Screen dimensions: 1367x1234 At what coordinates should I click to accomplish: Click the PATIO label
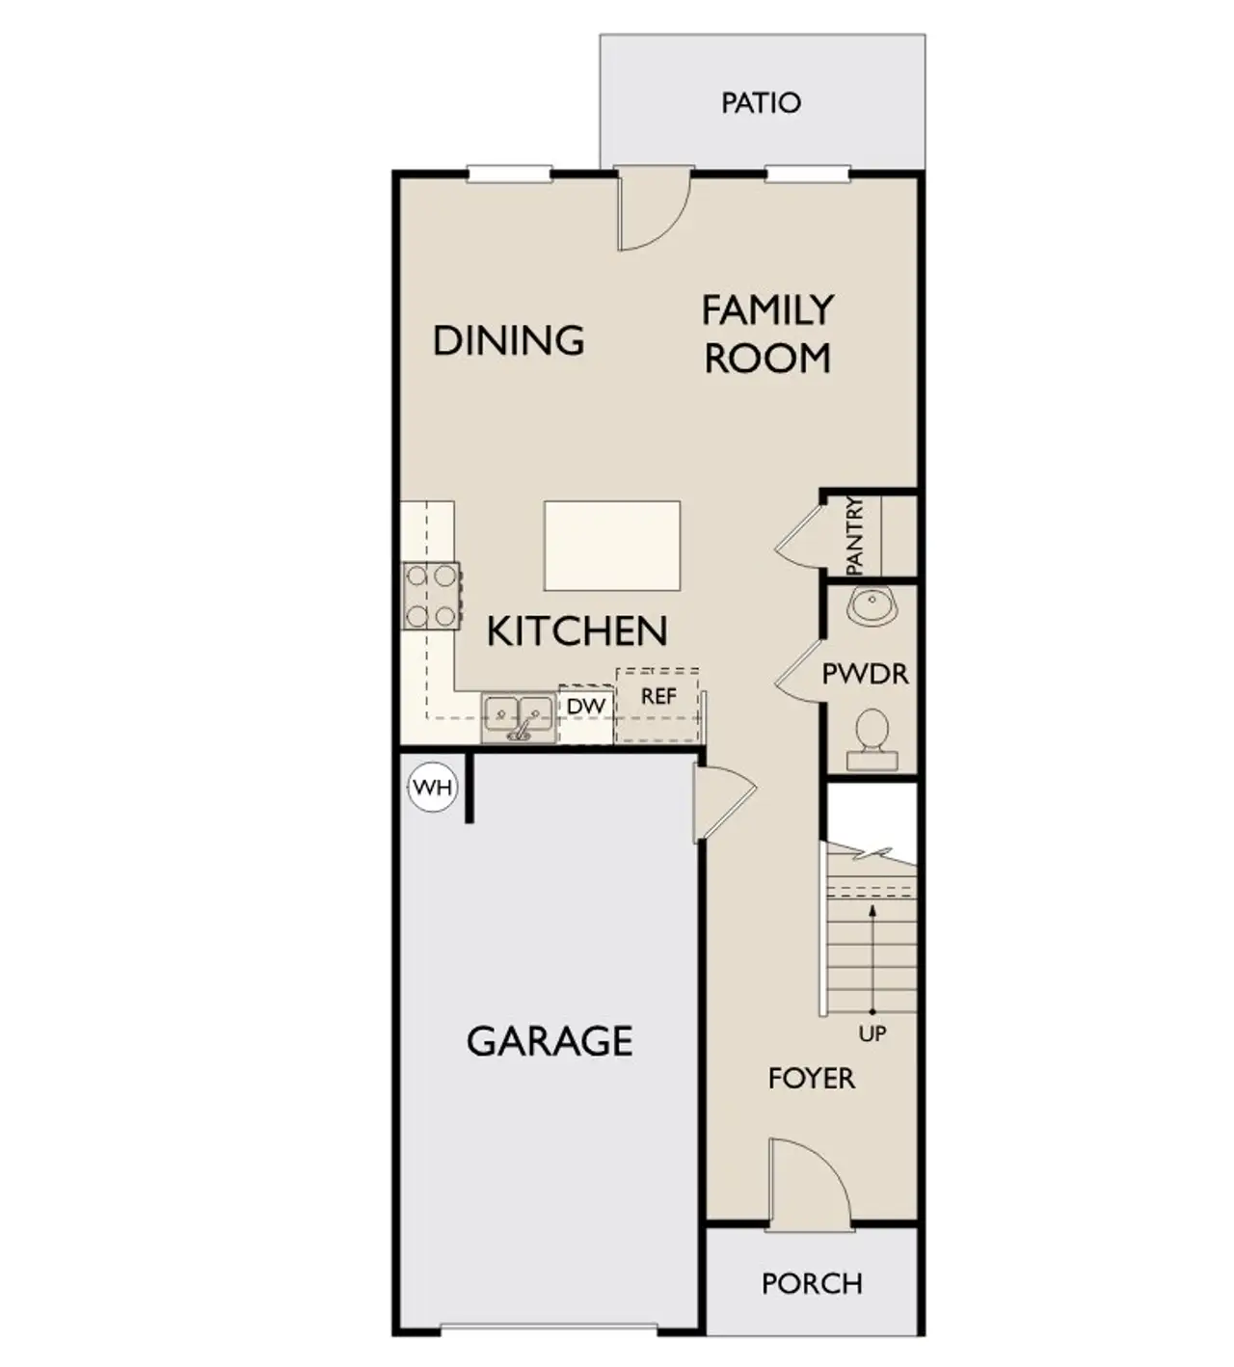click(761, 102)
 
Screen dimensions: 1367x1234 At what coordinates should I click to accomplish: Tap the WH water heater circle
click(432, 787)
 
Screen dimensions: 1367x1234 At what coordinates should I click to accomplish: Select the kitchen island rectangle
click(612, 546)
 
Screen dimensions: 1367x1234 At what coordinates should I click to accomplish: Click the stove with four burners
click(431, 596)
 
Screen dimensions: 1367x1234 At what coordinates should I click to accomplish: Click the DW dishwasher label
click(585, 707)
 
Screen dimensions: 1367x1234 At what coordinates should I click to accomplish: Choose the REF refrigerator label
click(658, 696)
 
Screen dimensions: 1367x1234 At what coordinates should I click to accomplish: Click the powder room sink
click(872, 606)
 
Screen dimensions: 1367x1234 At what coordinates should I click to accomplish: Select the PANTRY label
click(854, 536)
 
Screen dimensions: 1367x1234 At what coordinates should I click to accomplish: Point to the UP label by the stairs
click(872, 1034)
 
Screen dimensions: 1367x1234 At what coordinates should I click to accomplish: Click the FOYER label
click(811, 1078)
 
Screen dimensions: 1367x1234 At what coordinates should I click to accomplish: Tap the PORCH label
click(812, 1284)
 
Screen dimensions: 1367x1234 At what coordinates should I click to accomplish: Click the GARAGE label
click(550, 1041)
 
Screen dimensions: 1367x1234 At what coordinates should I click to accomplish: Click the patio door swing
click(652, 209)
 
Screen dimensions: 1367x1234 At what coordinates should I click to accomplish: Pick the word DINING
click(508, 340)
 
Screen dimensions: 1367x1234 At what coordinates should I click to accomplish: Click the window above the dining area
click(509, 174)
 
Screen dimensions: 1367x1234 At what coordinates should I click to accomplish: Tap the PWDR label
click(865, 674)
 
